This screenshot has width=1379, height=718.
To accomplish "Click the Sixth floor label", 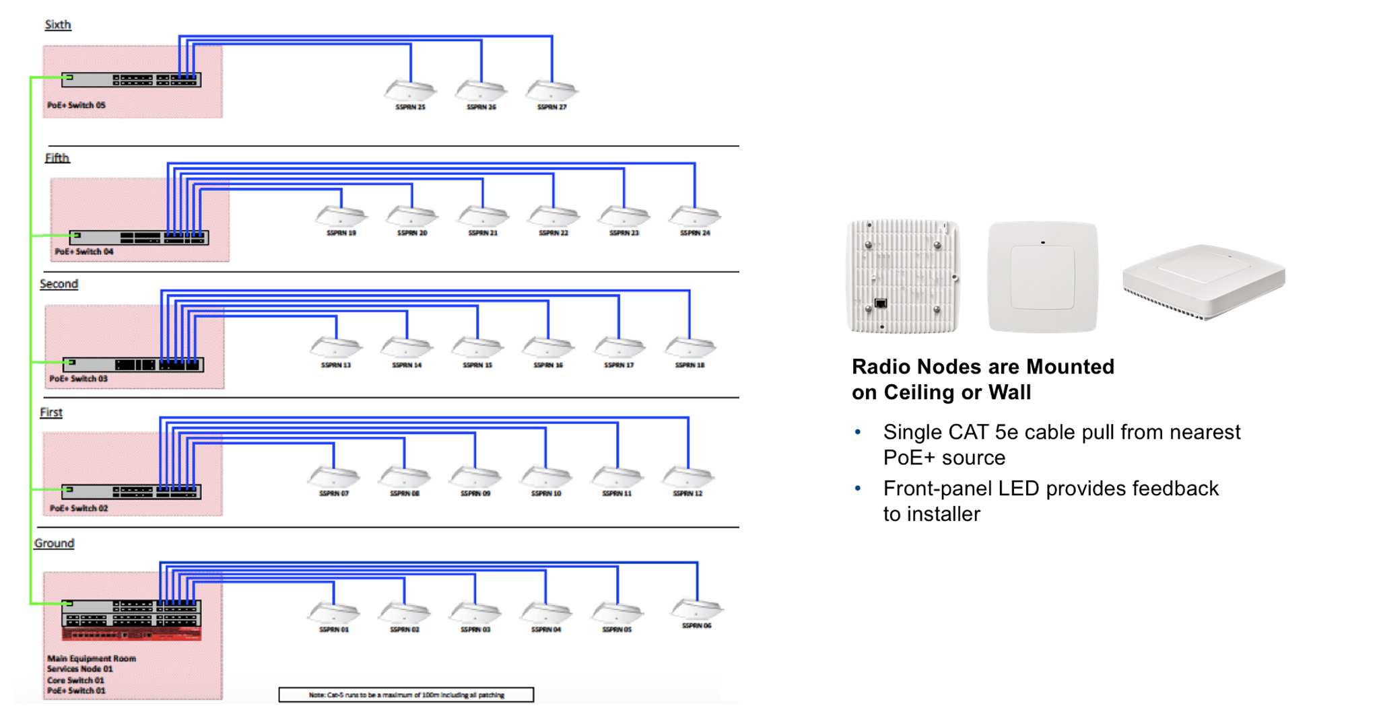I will [x=57, y=25].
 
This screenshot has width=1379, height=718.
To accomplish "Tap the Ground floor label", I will [x=54, y=543].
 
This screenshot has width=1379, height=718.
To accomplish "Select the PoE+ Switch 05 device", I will [x=131, y=80].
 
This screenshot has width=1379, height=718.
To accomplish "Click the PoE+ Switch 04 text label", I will [x=84, y=252].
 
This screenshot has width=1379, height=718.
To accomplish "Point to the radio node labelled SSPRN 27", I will [x=551, y=90].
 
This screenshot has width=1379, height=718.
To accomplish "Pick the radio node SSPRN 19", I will [x=341, y=216].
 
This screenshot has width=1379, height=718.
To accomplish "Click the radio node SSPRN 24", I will [x=694, y=216].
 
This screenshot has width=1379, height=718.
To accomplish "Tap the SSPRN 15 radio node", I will [x=477, y=348].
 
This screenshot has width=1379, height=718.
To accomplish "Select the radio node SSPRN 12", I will [x=687, y=476].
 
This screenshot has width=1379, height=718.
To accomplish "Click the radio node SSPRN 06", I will [x=697, y=609].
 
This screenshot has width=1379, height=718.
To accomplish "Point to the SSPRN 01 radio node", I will [x=334, y=612].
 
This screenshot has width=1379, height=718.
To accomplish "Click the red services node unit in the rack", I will [x=131, y=634].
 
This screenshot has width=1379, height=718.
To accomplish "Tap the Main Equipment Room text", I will [x=92, y=658].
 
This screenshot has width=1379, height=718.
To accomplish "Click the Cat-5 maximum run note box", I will [x=406, y=694].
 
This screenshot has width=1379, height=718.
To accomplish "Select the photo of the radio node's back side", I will [x=903, y=276].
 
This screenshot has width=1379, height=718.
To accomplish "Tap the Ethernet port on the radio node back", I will [x=880, y=303].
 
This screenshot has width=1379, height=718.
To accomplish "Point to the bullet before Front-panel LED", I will [x=858, y=489].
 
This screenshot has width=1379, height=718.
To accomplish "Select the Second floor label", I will [x=59, y=284].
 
